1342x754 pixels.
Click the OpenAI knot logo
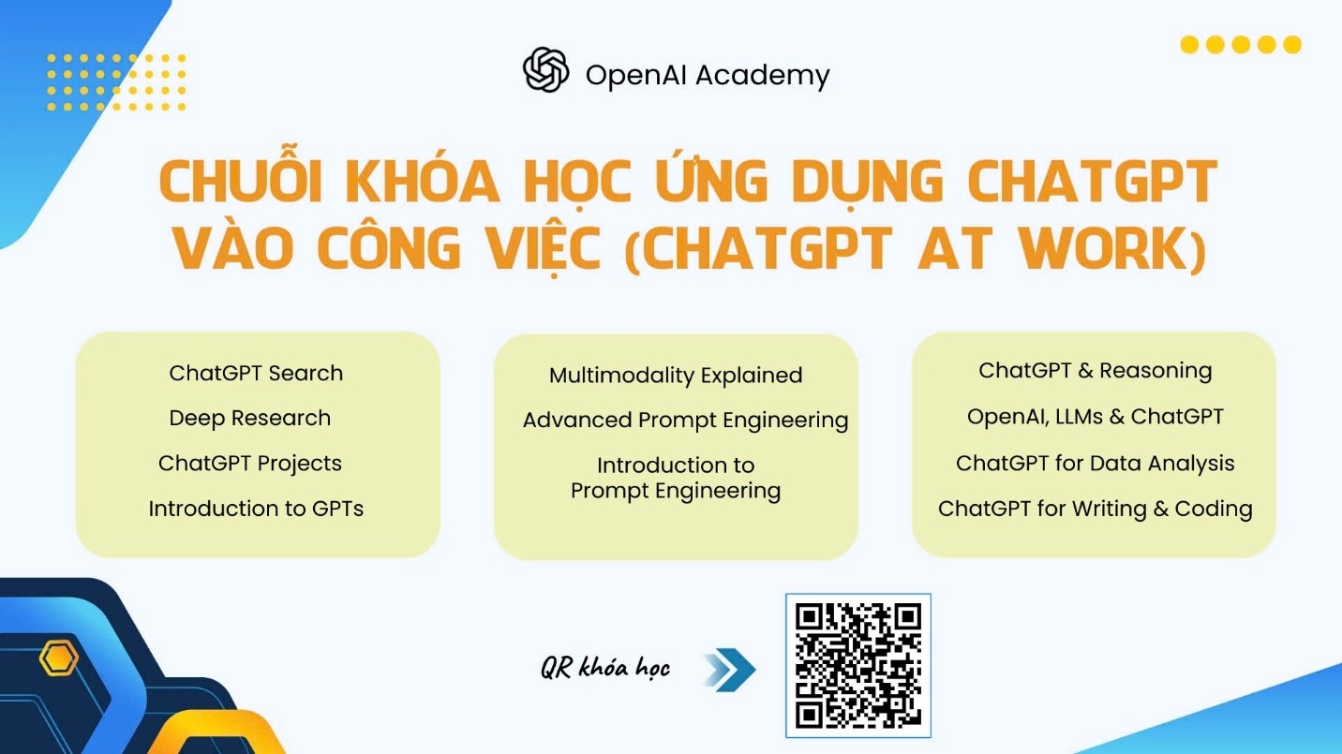click(545, 70)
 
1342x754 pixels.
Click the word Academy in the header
click(762, 77)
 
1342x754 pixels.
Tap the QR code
click(857, 665)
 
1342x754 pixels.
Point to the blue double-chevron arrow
click(729, 670)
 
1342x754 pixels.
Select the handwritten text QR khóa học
click(605, 667)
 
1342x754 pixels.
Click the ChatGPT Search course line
click(256, 373)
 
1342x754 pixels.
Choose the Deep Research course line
click(250, 418)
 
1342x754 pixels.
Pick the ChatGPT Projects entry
click(250, 464)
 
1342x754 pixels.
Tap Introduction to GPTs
click(256, 509)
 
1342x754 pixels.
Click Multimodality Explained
click(676, 376)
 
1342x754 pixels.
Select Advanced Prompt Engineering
click(685, 421)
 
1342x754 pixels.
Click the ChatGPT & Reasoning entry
click(1096, 371)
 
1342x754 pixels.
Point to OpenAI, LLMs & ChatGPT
click(1096, 417)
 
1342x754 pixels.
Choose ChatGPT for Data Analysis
click(1096, 464)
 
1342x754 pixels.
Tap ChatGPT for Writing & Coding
click(1096, 509)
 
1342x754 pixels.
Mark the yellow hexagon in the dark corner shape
click(59, 658)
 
